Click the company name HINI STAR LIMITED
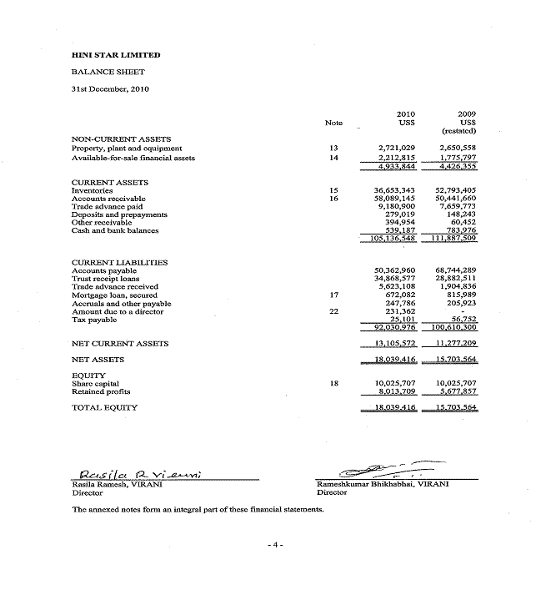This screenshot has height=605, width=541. pyautogui.click(x=116, y=55)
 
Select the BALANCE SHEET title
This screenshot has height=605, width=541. pyautogui.click(x=108, y=73)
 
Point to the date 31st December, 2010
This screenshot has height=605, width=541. pyautogui.click(x=110, y=89)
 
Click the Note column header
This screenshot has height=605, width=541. pyautogui.click(x=333, y=123)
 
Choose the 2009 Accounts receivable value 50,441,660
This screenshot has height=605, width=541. pyautogui.click(x=454, y=199)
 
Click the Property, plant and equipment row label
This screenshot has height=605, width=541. pyautogui.click(x=127, y=148)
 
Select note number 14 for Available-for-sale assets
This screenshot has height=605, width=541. pyautogui.click(x=333, y=158)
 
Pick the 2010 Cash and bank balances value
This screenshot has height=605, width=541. pyautogui.click(x=398, y=230)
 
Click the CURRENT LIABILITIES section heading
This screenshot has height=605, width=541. pyautogui.click(x=119, y=262)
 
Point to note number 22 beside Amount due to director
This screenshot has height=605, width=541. pyautogui.click(x=333, y=311)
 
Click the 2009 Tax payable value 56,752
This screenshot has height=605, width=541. pyautogui.click(x=459, y=320)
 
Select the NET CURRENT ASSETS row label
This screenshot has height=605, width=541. pyautogui.click(x=120, y=344)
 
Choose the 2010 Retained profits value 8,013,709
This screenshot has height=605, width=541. pyautogui.click(x=397, y=391)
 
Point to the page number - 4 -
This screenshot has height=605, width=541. pyautogui.click(x=275, y=545)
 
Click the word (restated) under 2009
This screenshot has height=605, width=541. pyautogui.click(x=458, y=131)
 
